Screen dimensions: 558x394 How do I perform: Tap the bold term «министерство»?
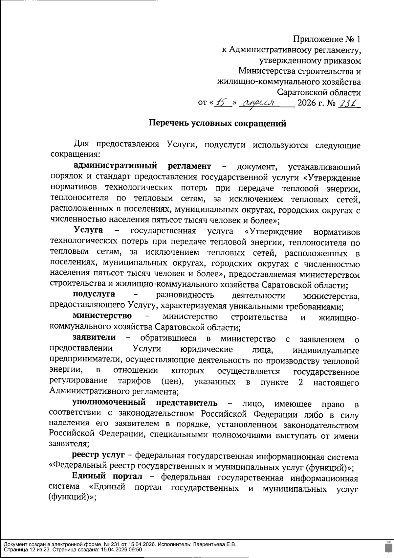tap(102, 316)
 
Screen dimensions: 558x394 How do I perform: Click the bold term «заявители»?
tap(94, 337)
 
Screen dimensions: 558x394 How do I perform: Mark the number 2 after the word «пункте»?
tap(301, 382)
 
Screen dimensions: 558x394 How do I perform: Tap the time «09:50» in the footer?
tap(136, 549)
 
